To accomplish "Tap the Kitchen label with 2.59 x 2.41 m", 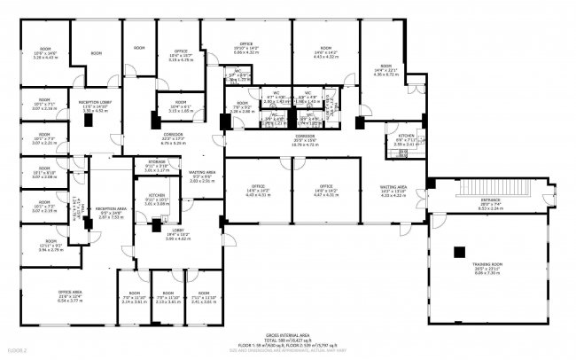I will (x=405, y=141).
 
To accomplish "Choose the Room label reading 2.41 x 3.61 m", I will (x=205, y=299).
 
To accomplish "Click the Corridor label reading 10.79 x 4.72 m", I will (x=306, y=140).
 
